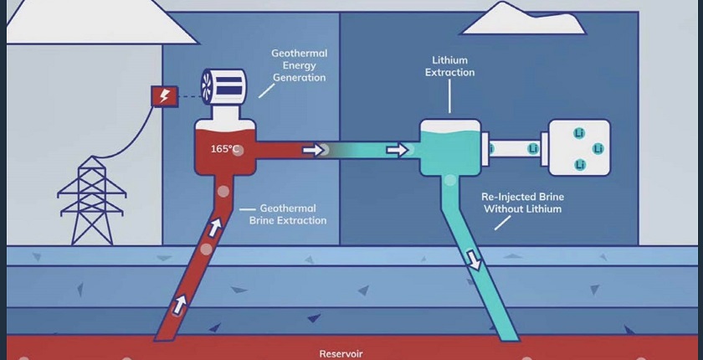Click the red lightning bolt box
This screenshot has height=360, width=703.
pos(164,95)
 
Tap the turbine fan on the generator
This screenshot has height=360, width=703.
pos(208,85)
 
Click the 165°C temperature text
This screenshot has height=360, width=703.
pos(225,149)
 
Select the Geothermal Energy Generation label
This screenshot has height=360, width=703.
pos(299,65)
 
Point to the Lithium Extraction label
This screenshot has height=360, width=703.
pos(450,66)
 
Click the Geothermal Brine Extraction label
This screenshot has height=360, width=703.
pos(288,214)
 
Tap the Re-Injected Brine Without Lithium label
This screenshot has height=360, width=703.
pos(522,203)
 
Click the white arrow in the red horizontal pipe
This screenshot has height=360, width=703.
pos(312,150)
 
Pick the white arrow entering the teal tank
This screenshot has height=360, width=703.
pos(398,150)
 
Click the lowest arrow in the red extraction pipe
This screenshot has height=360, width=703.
pos(179,304)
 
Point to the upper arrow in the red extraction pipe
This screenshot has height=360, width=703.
pos(215,226)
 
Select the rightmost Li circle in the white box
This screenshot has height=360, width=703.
pos(598,148)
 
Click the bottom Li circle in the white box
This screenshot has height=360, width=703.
pos(579,165)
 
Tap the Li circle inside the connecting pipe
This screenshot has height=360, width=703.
pos(532,149)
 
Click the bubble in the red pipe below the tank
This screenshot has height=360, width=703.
pos(223,192)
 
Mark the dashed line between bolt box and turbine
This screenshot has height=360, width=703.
pos(186,95)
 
